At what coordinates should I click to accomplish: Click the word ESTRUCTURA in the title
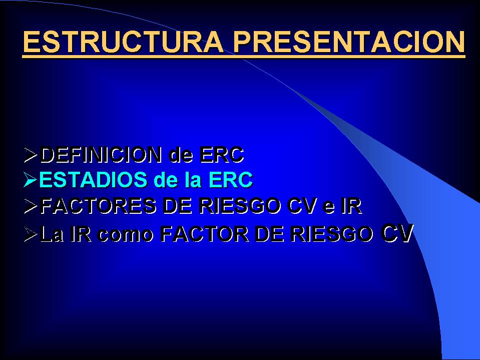point(123,42)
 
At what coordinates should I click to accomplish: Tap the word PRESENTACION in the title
point(349,42)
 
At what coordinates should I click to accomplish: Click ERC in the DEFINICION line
point(222,155)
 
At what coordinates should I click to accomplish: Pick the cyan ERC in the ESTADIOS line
point(231,180)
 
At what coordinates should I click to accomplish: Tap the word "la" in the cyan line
point(193,180)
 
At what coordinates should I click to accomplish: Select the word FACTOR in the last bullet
point(205,234)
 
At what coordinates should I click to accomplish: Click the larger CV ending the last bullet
point(397,233)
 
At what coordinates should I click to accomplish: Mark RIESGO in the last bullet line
point(331,234)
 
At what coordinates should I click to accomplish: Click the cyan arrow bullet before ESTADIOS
point(31,180)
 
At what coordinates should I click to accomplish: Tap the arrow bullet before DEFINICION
point(31,155)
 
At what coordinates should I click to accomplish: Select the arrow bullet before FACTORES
point(31,206)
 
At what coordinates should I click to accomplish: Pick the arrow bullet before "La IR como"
point(31,235)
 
